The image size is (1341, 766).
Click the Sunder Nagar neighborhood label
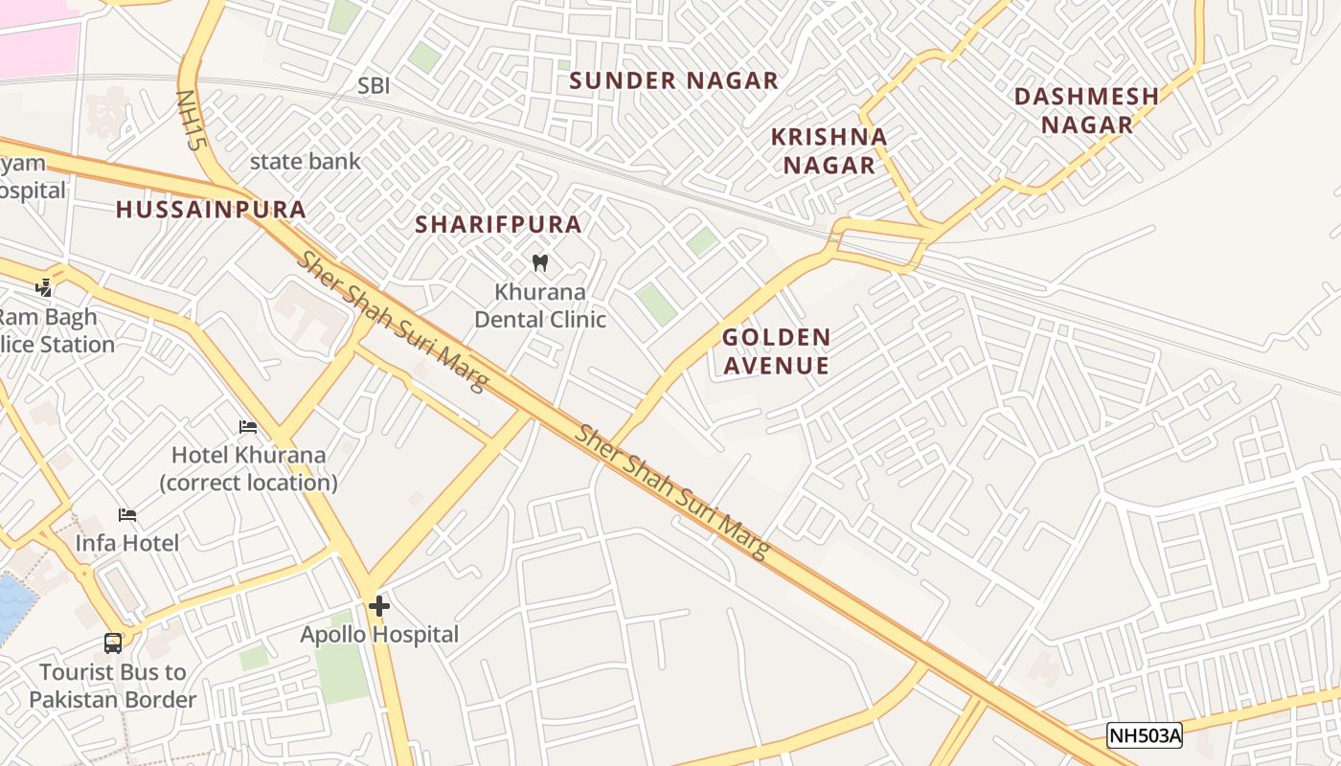pyautogui.click(x=673, y=81)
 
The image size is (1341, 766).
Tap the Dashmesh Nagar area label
pyautogui.click(x=1086, y=110)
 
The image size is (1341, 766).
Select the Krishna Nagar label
pyautogui.click(x=830, y=150)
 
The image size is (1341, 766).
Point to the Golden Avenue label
pyautogui.click(x=776, y=350)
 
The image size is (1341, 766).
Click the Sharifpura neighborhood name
pyautogui.click(x=498, y=225)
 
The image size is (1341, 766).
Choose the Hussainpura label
pyautogui.click(x=211, y=210)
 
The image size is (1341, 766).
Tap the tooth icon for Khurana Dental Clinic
pyautogui.click(x=539, y=262)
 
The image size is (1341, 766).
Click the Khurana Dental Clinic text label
pyautogui.click(x=540, y=305)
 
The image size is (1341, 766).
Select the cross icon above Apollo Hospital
pyautogui.click(x=379, y=605)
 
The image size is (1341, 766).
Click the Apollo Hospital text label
pyautogui.click(x=379, y=634)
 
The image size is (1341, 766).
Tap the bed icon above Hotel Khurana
pyautogui.click(x=248, y=427)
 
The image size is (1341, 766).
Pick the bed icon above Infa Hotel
pyautogui.click(x=127, y=515)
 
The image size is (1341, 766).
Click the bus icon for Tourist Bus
pyautogui.click(x=113, y=642)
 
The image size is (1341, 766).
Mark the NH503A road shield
pyautogui.click(x=1145, y=735)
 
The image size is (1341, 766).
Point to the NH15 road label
pyautogui.click(x=192, y=121)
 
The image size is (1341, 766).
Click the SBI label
pyautogui.click(x=374, y=86)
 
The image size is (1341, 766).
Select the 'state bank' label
pyautogui.click(x=305, y=162)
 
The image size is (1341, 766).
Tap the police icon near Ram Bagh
pyautogui.click(x=43, y=286)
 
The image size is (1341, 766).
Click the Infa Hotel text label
pyautogui.click(x=127, y=543)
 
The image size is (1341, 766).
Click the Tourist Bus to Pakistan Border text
pyautogui.click(x=113, y=686)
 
